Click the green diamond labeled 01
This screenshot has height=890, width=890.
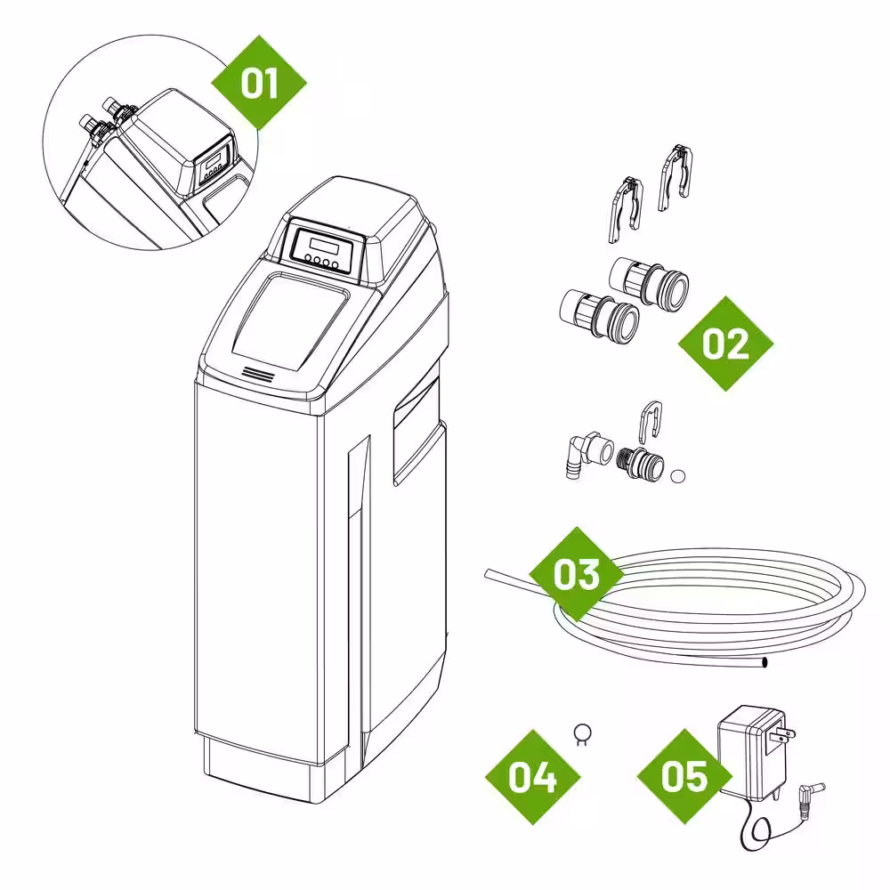pos(259,83)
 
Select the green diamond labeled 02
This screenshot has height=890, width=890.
pos(726,344)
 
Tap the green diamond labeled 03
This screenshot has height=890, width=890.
pos(577,574)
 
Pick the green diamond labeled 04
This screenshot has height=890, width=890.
pos(532,776)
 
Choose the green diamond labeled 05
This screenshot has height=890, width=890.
pos(684,776)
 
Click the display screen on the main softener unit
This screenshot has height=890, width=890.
pos(320,247)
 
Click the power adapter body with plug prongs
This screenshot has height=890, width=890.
pos(753,753)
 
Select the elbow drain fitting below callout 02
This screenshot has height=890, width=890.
pos(588,454)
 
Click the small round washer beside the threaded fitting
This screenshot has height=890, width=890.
pos(677,475)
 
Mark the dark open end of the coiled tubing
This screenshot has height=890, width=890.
pos(764,662)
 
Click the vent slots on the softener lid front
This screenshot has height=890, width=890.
pos(258,374)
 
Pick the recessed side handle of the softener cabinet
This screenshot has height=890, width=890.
pos(417,432)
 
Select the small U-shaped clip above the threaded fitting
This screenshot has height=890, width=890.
pos(651,422)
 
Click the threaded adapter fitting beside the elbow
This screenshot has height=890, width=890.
pos(640,463)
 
